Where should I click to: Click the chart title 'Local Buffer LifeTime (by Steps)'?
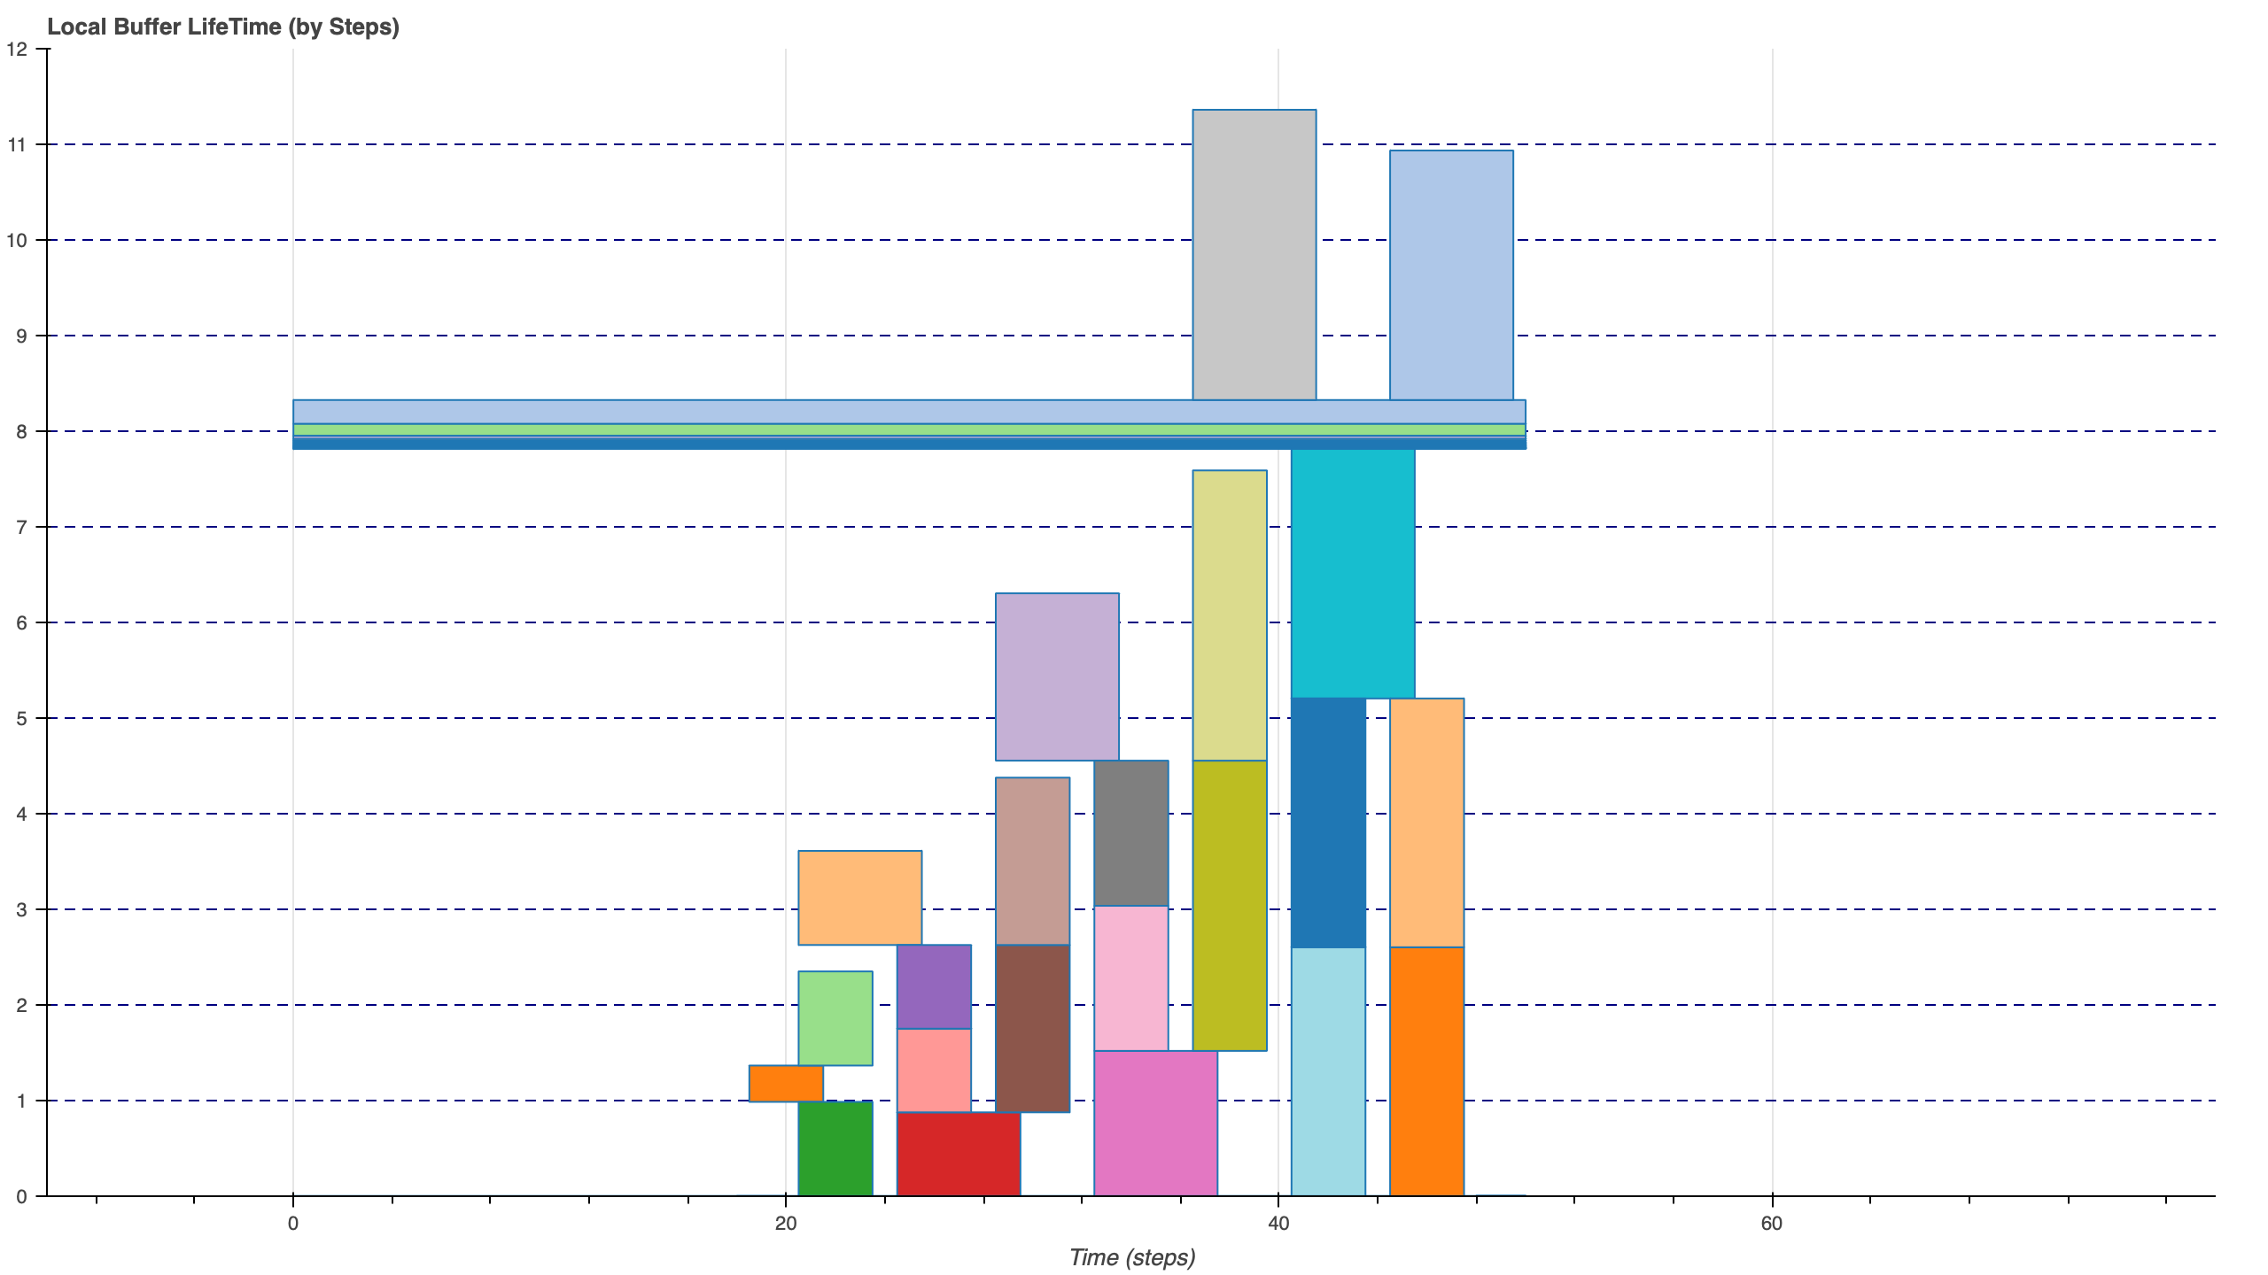pyautogui.click(x=223, y=27)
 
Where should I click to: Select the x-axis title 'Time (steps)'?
pyautogui.click(x=1132, y=1257)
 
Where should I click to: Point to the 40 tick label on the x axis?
pyautogui.click(x=1278, y=1224)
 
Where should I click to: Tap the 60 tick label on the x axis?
pyautogui.click(x=1771, y=1224)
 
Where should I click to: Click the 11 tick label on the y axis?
pyautogui.click(x=17, y=144)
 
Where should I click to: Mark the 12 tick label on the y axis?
pyautogui.click(x=17, y=49)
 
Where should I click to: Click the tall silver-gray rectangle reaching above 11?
pyautogui.click(x=1254, y=255)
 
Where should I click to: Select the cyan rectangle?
pyautogui.click(x=1353, y=574)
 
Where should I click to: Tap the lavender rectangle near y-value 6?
pyautogui.click(x=1057, y=676)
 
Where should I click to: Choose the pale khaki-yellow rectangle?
pyautogui.click(x=1230, y=615)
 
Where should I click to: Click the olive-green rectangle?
pyautogui.click(x=1230, y=905)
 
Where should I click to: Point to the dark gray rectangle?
pyautogui.click(x=1130, y=832)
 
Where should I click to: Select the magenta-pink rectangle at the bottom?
pyautogui.click(x=1155, y=1123)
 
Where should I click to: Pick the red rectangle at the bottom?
pyautogui.click(x=959, y=1154)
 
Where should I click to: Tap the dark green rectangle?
pyautogui.click(x=835, y=1148)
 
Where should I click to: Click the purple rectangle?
pyautogui.click(x=934, y=986)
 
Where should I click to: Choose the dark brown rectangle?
pyautogui.click(x=1032, y=1028)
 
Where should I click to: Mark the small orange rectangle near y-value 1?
pyautogui.click(x=786, y=1083)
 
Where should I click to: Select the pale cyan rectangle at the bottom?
pyautogui.click(x=1328, y=1071)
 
